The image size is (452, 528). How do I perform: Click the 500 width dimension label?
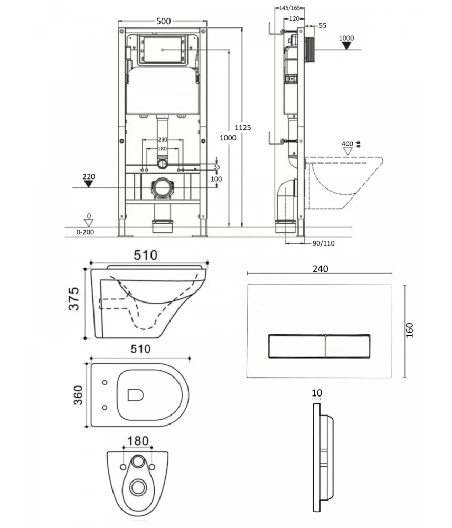[x=163, y=21]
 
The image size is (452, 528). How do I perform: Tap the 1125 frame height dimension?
[x=243, y=128]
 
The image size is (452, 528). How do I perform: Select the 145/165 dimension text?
[x=290, y=8]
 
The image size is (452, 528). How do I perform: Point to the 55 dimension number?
[x=323, y=25]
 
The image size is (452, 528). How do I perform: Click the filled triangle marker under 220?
[x=88, y=184]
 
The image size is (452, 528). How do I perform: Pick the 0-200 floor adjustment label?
[x=85, y=232]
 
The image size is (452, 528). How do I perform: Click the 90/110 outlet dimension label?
[x=324, y=243]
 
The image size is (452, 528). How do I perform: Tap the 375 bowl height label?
[x=74, y=299]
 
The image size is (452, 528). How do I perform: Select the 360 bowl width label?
[x=78, y=395]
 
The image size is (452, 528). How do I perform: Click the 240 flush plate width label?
[x=321, y=269]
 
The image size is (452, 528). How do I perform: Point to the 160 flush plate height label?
[x=409, y=330]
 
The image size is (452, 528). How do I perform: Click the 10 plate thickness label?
[x=317, y=393]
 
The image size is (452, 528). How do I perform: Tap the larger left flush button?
[x=297, y=346]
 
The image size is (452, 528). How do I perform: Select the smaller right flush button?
[x=348, y=346]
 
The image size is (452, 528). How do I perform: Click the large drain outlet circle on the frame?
[x=163, y=188]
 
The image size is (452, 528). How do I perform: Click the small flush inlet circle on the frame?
[x=162, y=164]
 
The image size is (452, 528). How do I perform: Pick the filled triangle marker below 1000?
[x=346, y=46]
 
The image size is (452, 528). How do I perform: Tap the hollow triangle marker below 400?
[x=347, y=152]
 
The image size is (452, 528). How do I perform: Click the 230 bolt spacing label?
[x=163, y=139]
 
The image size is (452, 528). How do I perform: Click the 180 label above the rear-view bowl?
[x=138, y=441]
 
